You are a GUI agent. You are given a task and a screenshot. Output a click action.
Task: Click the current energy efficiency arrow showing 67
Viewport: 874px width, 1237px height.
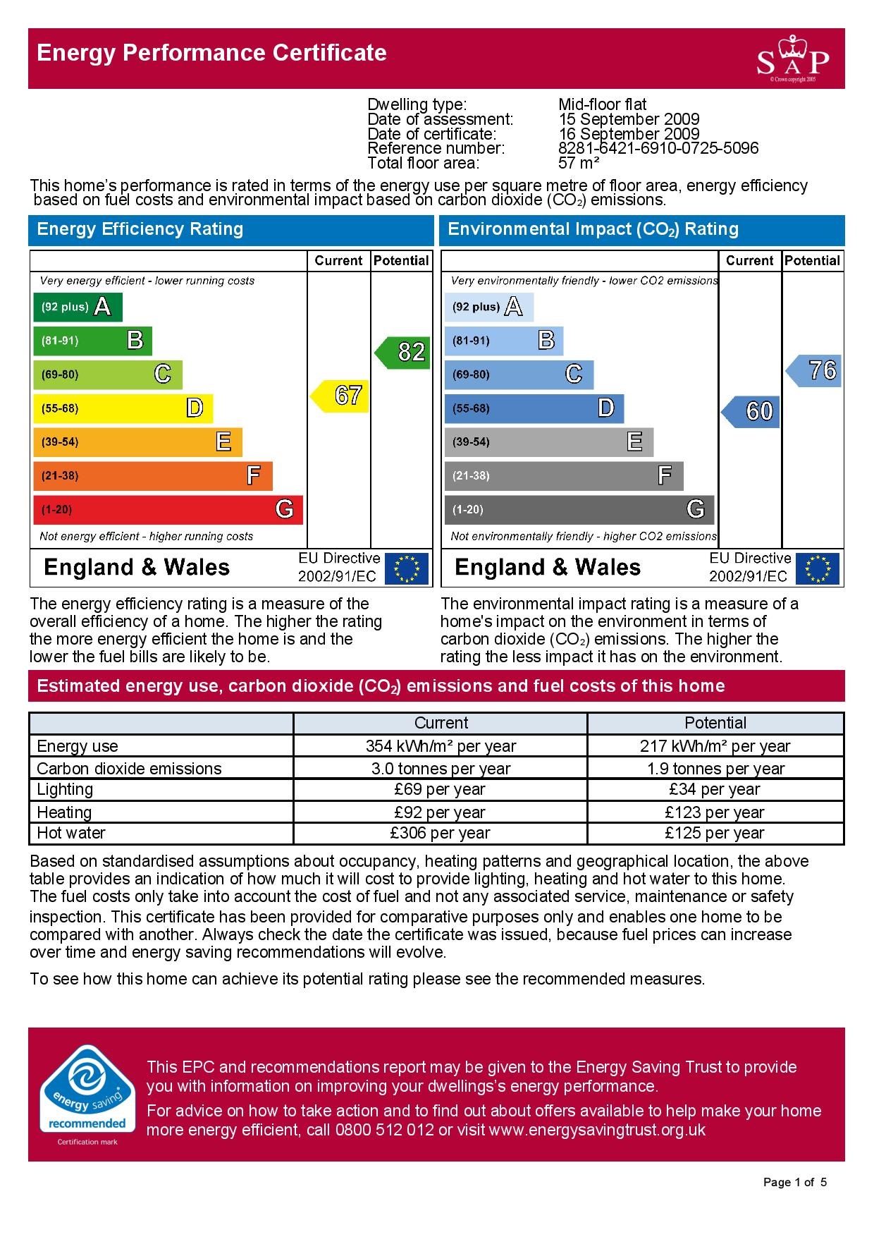tap(341, 396)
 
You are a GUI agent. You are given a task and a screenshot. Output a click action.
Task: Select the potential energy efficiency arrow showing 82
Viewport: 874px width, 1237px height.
tap(403, 352)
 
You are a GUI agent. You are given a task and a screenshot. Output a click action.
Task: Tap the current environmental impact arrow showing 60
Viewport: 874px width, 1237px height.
tap(751, 411)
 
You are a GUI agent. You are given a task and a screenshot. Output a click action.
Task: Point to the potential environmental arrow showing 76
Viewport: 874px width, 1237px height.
tap(815, 370)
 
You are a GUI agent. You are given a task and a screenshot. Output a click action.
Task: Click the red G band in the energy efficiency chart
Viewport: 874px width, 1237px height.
tap(168, 509)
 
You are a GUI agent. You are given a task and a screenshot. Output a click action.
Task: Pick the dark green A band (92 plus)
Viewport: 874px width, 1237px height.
tap(78, 307)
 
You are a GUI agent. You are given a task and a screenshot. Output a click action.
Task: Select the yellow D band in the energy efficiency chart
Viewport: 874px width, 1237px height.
tap(123, 408)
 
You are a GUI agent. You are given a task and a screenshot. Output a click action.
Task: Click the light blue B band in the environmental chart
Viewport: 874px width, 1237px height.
tap(503, 341)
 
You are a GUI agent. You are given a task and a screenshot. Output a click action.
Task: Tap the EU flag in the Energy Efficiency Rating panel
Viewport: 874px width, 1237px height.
tap(406, 568)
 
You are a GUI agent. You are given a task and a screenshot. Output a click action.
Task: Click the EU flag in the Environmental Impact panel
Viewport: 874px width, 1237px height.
tap(818, 568)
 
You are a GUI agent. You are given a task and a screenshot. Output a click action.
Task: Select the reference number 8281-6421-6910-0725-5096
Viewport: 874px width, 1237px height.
tap(658, 149)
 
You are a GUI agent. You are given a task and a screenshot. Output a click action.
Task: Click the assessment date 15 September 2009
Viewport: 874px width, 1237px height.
tap(629, 119)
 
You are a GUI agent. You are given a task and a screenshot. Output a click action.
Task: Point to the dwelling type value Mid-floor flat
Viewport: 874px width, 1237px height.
tap(602, 104)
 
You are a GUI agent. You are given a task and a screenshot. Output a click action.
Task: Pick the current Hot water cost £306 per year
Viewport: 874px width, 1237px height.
tap(440, 833)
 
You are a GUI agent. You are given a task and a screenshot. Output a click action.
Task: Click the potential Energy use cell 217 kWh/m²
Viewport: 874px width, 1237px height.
tap(715, 746)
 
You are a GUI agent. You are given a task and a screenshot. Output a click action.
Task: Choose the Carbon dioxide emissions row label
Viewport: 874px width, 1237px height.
tap(129, 769)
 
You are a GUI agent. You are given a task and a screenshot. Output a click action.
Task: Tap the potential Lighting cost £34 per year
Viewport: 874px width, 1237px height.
tap(715, 789)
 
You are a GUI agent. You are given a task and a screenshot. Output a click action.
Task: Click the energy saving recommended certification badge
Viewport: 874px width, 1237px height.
tap(87, 1096)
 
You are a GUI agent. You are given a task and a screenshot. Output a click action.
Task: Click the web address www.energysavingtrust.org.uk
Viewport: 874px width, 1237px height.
tap(597, 1131)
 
